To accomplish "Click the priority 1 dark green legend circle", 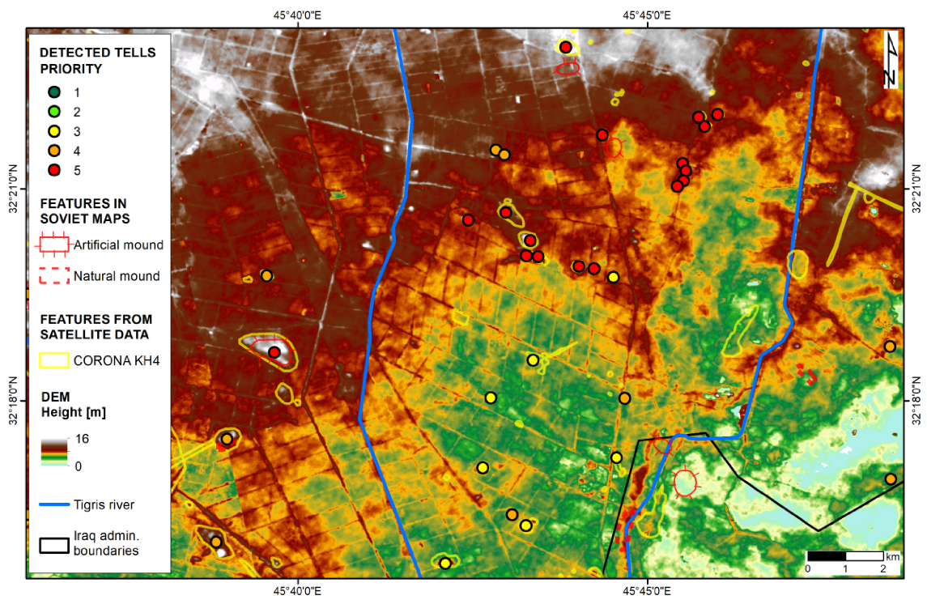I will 54,92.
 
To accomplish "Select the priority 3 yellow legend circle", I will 54,131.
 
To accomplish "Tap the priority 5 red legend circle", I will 54,170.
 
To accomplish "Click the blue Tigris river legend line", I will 56,504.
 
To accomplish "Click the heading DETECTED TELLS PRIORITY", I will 97,61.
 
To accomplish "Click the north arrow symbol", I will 890,60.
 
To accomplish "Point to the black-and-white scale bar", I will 844,556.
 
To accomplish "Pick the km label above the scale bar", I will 892,556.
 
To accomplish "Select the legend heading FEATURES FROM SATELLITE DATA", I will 96,327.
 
